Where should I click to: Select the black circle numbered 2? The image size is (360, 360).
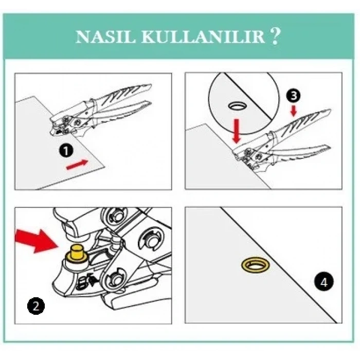tap(35, 307)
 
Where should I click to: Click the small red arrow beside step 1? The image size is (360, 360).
tap(78, 164)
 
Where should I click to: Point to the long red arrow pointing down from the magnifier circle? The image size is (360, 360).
tap(236, 131)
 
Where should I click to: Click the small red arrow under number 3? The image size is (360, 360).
tap(293, 111)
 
